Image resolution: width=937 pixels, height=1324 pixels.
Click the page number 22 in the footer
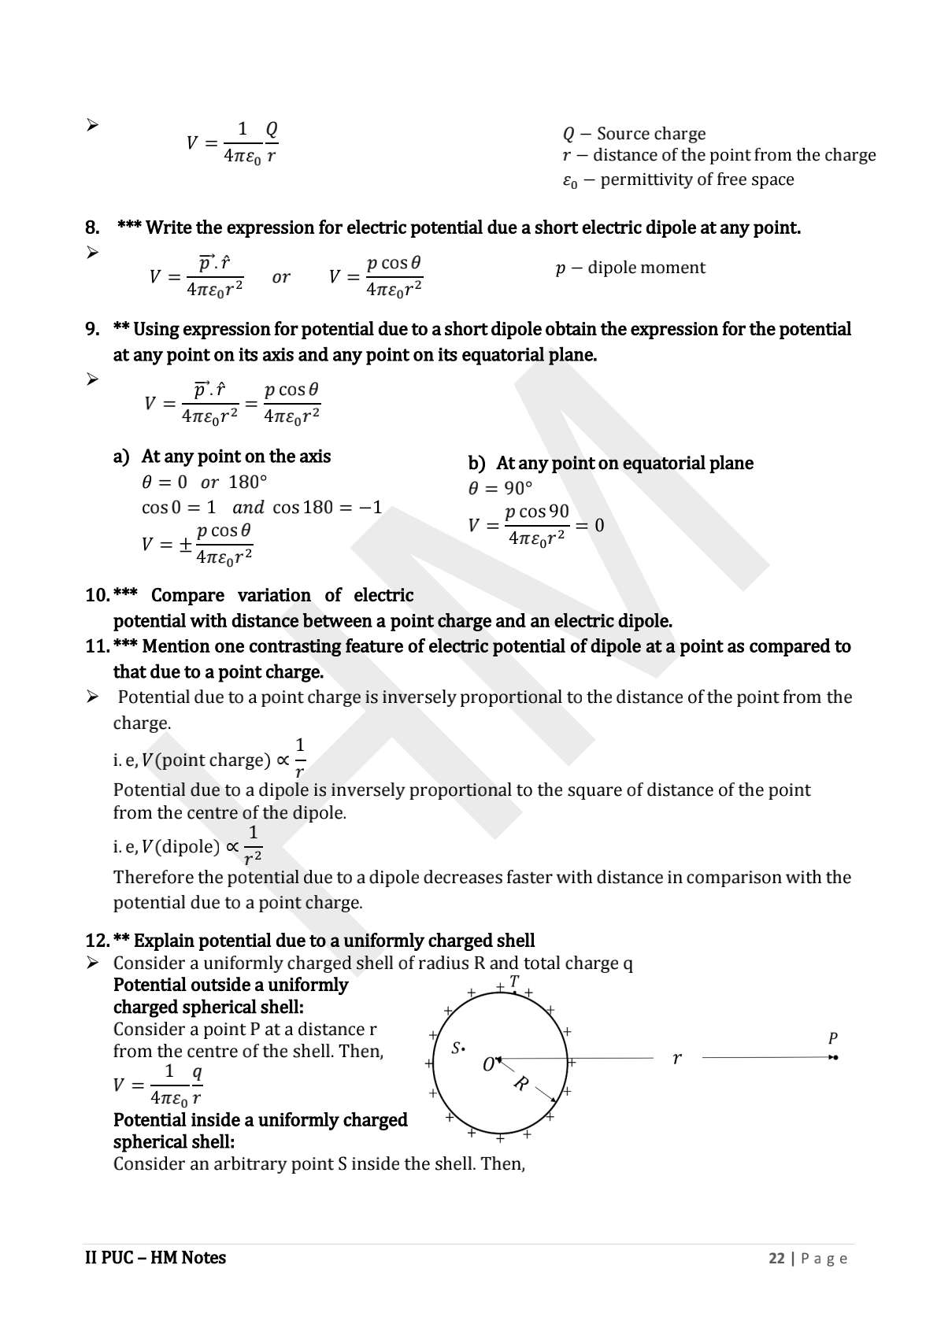coord(776,1258)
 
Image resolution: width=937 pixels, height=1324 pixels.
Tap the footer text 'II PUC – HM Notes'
coord(155,1258)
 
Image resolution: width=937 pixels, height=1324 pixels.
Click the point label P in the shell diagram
coord(833,1038)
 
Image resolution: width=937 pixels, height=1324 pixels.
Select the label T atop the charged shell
coord(514,982)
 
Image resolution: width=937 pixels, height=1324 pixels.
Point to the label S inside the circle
coord(457,1048)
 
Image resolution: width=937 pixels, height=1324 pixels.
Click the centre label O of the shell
coord(488,1065)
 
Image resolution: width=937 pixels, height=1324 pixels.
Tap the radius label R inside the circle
coord(520,1084)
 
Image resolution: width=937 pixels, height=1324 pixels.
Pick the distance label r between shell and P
coord(676,1059)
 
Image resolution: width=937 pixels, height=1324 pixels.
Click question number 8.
coord(92,228)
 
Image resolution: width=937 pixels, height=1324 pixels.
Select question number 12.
coord(97,941)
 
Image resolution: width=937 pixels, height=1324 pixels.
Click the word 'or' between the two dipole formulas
coord(281,277)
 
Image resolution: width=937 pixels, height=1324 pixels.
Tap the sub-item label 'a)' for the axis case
coord(121,457)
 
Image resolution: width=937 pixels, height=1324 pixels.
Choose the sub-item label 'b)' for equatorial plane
coord(476,463)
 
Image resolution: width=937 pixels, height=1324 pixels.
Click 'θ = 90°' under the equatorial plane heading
coord(500,488)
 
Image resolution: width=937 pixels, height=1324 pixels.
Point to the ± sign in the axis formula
coord(185,544)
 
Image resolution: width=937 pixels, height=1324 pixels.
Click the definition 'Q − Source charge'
coord(634,134)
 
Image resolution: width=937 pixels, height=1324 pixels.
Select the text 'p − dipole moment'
coord(630,268)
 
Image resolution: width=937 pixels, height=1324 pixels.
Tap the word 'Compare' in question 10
coord(187,595)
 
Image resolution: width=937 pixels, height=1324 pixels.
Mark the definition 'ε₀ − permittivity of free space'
coord(678,180)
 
